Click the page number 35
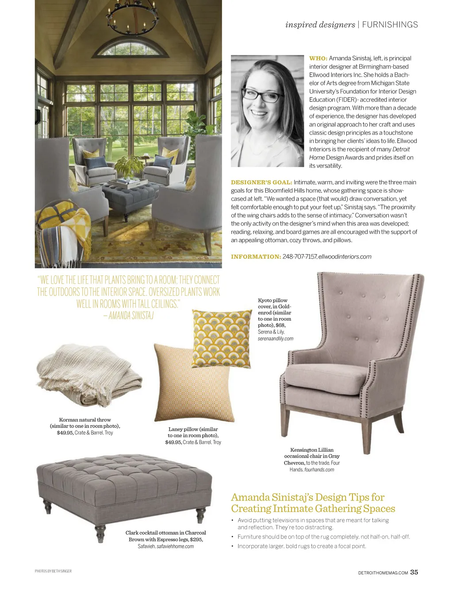(414, 572)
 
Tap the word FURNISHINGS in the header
(390, 25)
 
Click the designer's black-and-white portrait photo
(267, 111)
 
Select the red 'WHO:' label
(318, 58)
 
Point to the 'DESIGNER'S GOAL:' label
(261, 182)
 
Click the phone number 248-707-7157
(299, 256)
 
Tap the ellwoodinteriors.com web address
(345, 256)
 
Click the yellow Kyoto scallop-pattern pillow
(222, 338)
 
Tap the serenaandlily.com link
(275, 338)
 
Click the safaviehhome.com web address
(175, 546)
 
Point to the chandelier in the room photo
(132, 18)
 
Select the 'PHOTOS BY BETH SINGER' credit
(53, 571)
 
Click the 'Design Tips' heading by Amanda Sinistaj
(313, 503)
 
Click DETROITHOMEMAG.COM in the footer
(383, 573)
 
